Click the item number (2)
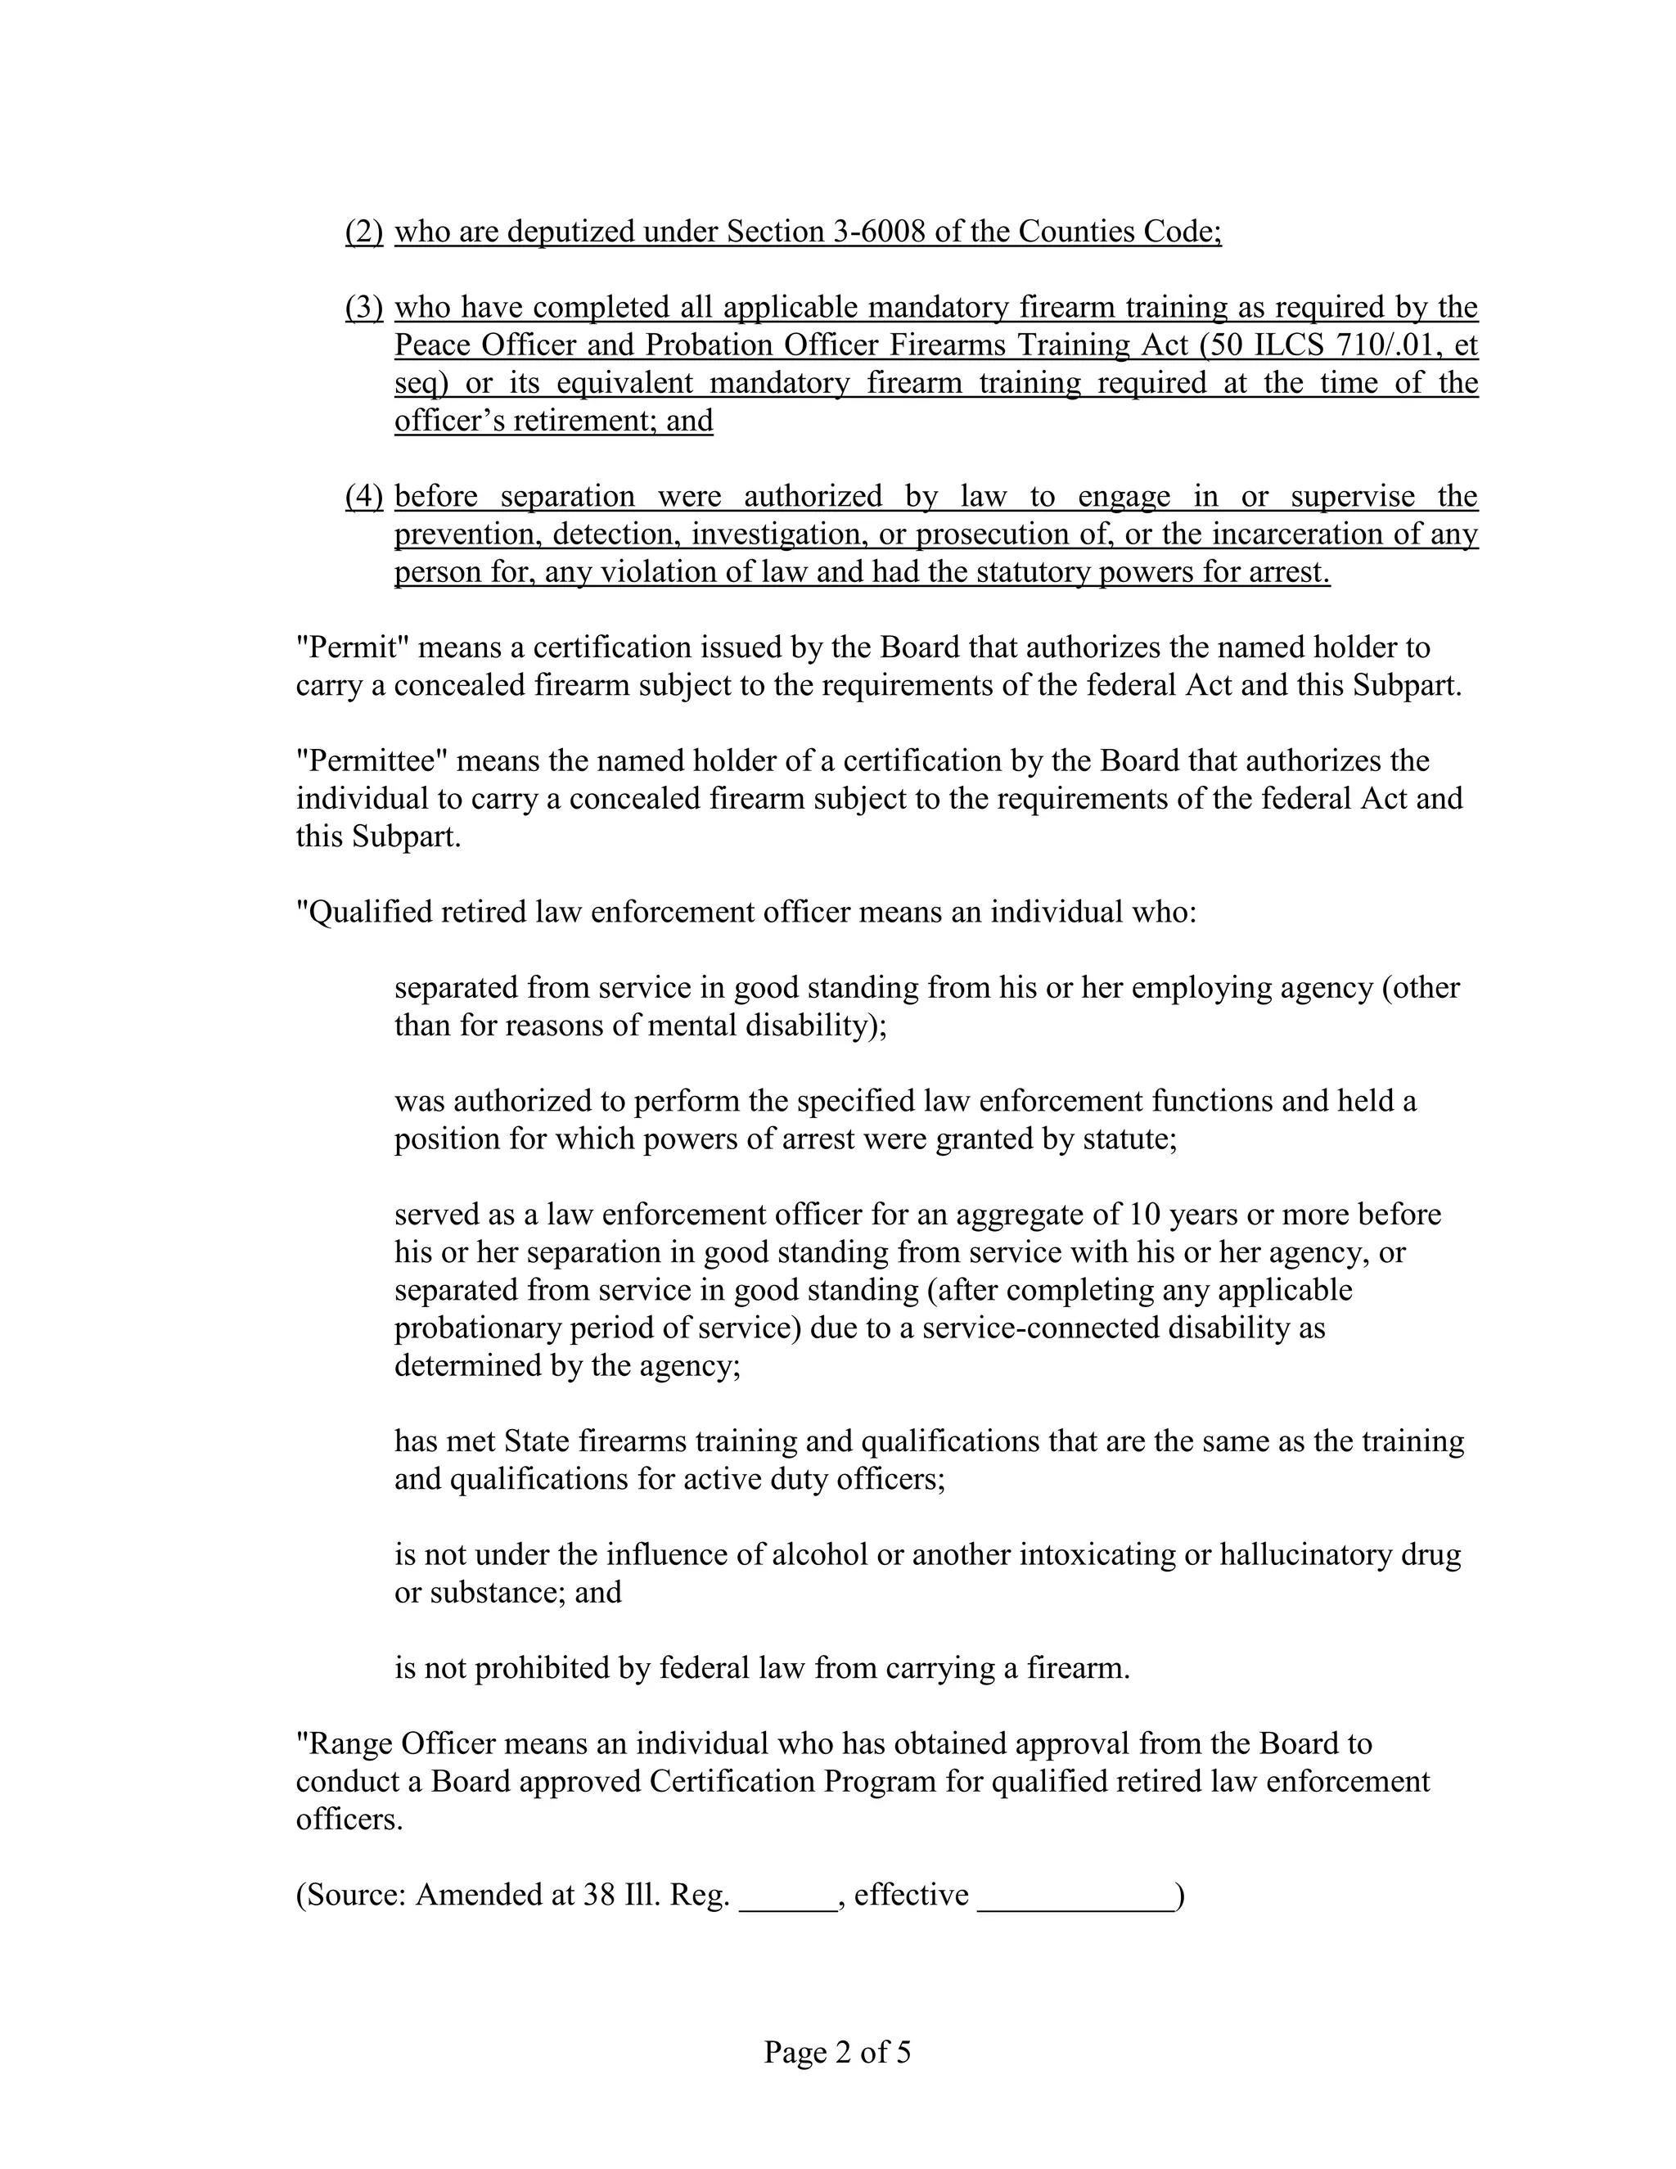click(363, 232)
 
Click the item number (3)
click(363, 308)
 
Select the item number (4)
click(363, 497)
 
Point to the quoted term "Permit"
click(354, 647)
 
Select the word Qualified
click(365, 912)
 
